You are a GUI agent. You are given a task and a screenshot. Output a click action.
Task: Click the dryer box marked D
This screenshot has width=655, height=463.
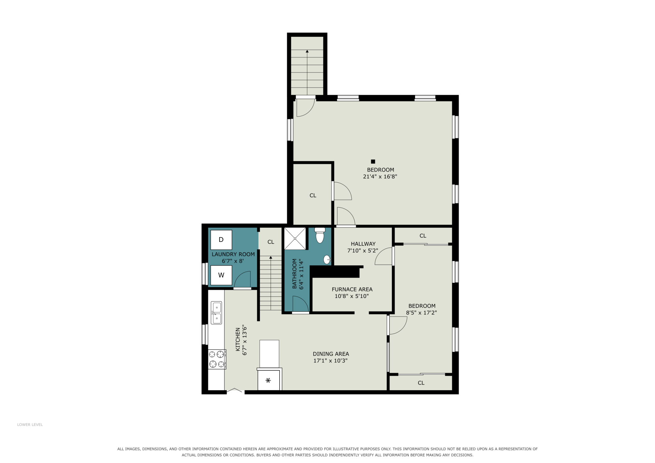pos(221,240)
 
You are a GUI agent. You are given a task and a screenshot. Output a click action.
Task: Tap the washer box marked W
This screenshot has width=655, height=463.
pos(221,275)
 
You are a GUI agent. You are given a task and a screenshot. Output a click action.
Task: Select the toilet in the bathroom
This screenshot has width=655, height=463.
pos(320,235)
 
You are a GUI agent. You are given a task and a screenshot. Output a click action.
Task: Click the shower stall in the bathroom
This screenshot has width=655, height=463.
pos(295,238)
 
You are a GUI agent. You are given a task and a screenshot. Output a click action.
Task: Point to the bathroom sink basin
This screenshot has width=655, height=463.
pos(327,260)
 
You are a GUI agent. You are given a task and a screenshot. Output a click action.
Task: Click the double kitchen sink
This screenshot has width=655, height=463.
pos(216,313)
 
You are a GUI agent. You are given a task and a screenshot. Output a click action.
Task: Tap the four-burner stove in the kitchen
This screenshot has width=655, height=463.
pos(217,359)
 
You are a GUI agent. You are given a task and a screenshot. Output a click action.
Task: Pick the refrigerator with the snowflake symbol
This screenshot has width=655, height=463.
pos(269,380)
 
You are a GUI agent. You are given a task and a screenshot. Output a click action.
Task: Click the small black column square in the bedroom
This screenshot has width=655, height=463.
pos(373,162)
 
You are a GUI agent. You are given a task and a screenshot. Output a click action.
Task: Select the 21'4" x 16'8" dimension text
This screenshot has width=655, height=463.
pos(380,177)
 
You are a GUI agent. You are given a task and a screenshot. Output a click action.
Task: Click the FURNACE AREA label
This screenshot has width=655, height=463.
pos(352,289)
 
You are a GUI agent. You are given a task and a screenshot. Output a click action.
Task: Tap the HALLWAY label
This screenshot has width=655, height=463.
pos(363,244)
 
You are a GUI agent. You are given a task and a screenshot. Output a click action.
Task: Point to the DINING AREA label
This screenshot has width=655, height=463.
pos(331,354)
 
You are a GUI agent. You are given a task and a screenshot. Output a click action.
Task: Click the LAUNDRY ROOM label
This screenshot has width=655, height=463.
pos(233,254)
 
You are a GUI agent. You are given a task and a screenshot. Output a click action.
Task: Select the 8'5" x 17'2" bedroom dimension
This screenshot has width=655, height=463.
pos(421,313)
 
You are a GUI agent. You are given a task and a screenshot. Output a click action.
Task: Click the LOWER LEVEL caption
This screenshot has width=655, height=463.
pos(30,425)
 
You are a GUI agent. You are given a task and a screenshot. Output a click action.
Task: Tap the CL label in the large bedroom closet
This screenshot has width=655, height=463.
pos(313,196)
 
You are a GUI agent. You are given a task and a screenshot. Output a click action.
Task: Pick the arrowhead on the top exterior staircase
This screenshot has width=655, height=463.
pos(307,51)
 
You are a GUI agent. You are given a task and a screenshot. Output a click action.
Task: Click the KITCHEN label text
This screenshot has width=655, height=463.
pos(238,340)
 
